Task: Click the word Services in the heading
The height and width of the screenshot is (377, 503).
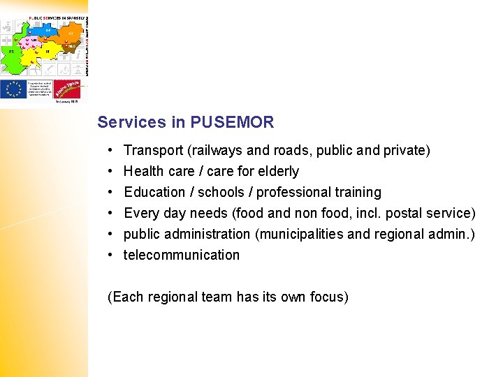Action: [x=131, y=123]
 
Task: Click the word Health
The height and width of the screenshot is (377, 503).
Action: [x=143, y=171]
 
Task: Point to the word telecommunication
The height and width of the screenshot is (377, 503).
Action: [x=182, y=255]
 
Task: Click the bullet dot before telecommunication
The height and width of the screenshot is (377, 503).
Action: [x=111, y=255]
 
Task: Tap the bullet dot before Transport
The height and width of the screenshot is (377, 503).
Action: [x=111, y=150]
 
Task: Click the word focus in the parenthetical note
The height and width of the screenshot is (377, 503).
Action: [x=329, y=297]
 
